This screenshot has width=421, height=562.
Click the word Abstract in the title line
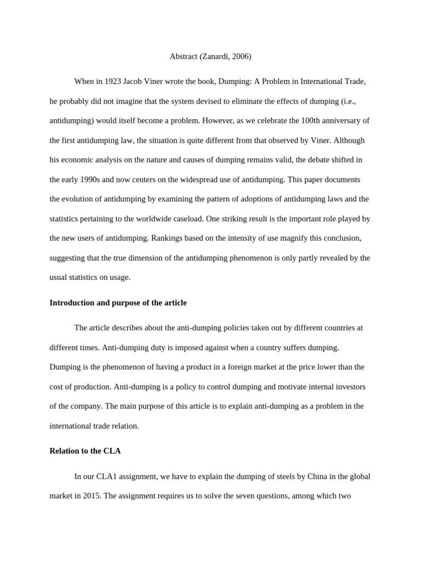click(184, 56)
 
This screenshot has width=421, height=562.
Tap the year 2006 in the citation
click(241, 56)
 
